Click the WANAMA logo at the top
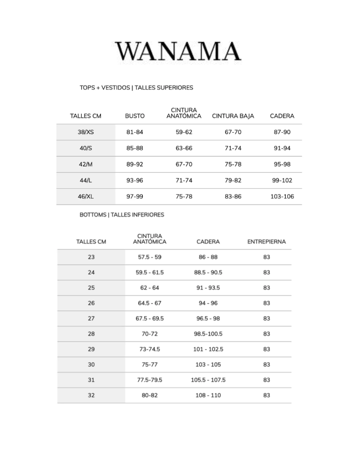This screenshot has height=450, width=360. coord(178,51)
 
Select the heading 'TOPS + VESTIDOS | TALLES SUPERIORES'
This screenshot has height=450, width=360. coord(136,88)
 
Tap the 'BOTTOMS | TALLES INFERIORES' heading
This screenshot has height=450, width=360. coord(122,215)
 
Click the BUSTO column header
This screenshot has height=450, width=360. coord(135,116)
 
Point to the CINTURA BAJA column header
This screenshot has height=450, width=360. coord(233,116)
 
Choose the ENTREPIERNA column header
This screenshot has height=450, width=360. coord(266,242)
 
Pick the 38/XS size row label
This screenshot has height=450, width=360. coord(86,132)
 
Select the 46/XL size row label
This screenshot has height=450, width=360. coord(86,196)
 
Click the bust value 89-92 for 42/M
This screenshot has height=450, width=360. coord(135,164)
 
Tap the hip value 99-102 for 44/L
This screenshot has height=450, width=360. coord(282,180)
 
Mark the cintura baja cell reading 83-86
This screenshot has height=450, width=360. coord(233,196)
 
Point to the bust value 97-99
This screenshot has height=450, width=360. coord(135,196)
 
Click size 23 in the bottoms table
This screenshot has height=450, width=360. coord(91,257)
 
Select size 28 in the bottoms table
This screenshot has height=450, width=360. coord(91,334)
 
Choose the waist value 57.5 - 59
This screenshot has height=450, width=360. coord(150,257)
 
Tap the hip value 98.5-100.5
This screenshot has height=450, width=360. coord(208,334)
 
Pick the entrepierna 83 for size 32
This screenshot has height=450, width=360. coord(266,395)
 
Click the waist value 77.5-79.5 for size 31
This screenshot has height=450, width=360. coord(150,380)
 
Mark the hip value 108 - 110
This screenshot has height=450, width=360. coord(208,395)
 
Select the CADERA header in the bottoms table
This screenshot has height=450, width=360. coord(208,242)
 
